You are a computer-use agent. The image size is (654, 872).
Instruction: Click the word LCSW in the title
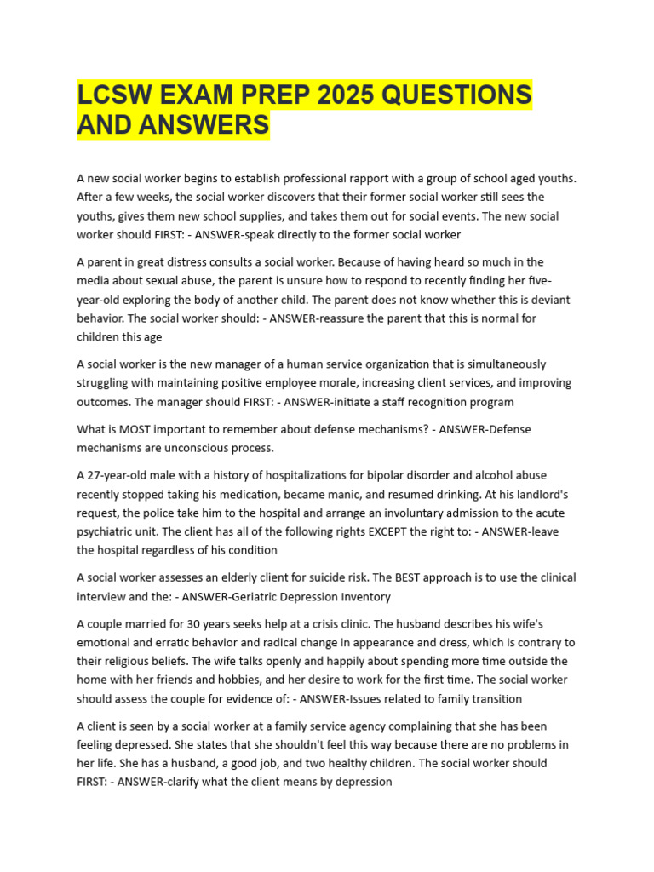tap(115, 95)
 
